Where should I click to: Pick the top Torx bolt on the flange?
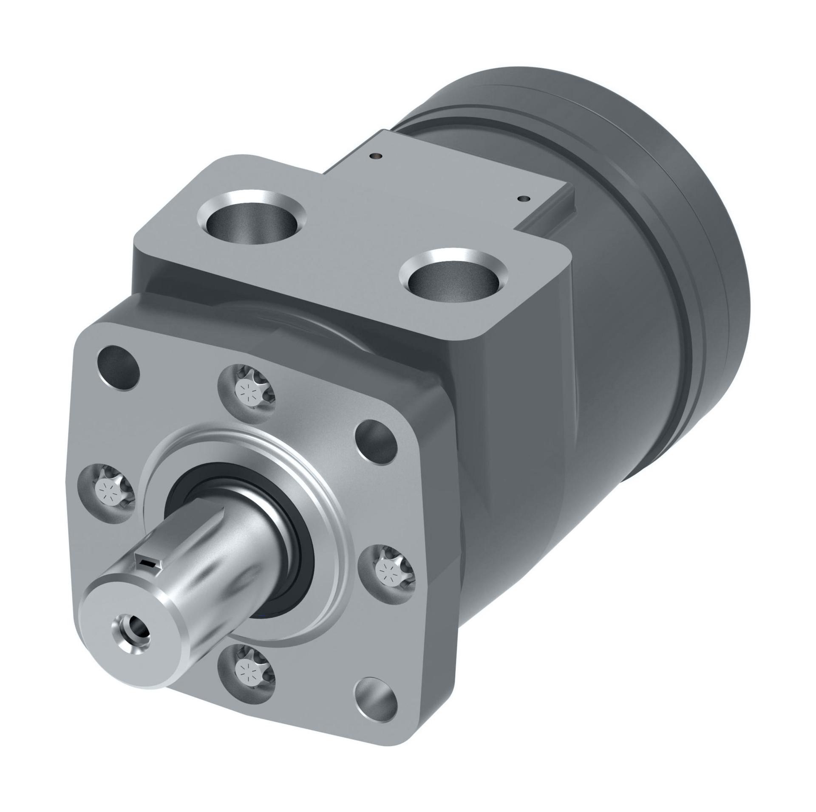(x=247, y=388)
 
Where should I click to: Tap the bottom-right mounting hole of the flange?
(x=376, y=701)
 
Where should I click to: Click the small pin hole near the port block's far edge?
(x=375, y=156)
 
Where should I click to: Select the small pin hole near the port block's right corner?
(x=524, y=198)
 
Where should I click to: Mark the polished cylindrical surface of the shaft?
(x=221, y=565)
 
